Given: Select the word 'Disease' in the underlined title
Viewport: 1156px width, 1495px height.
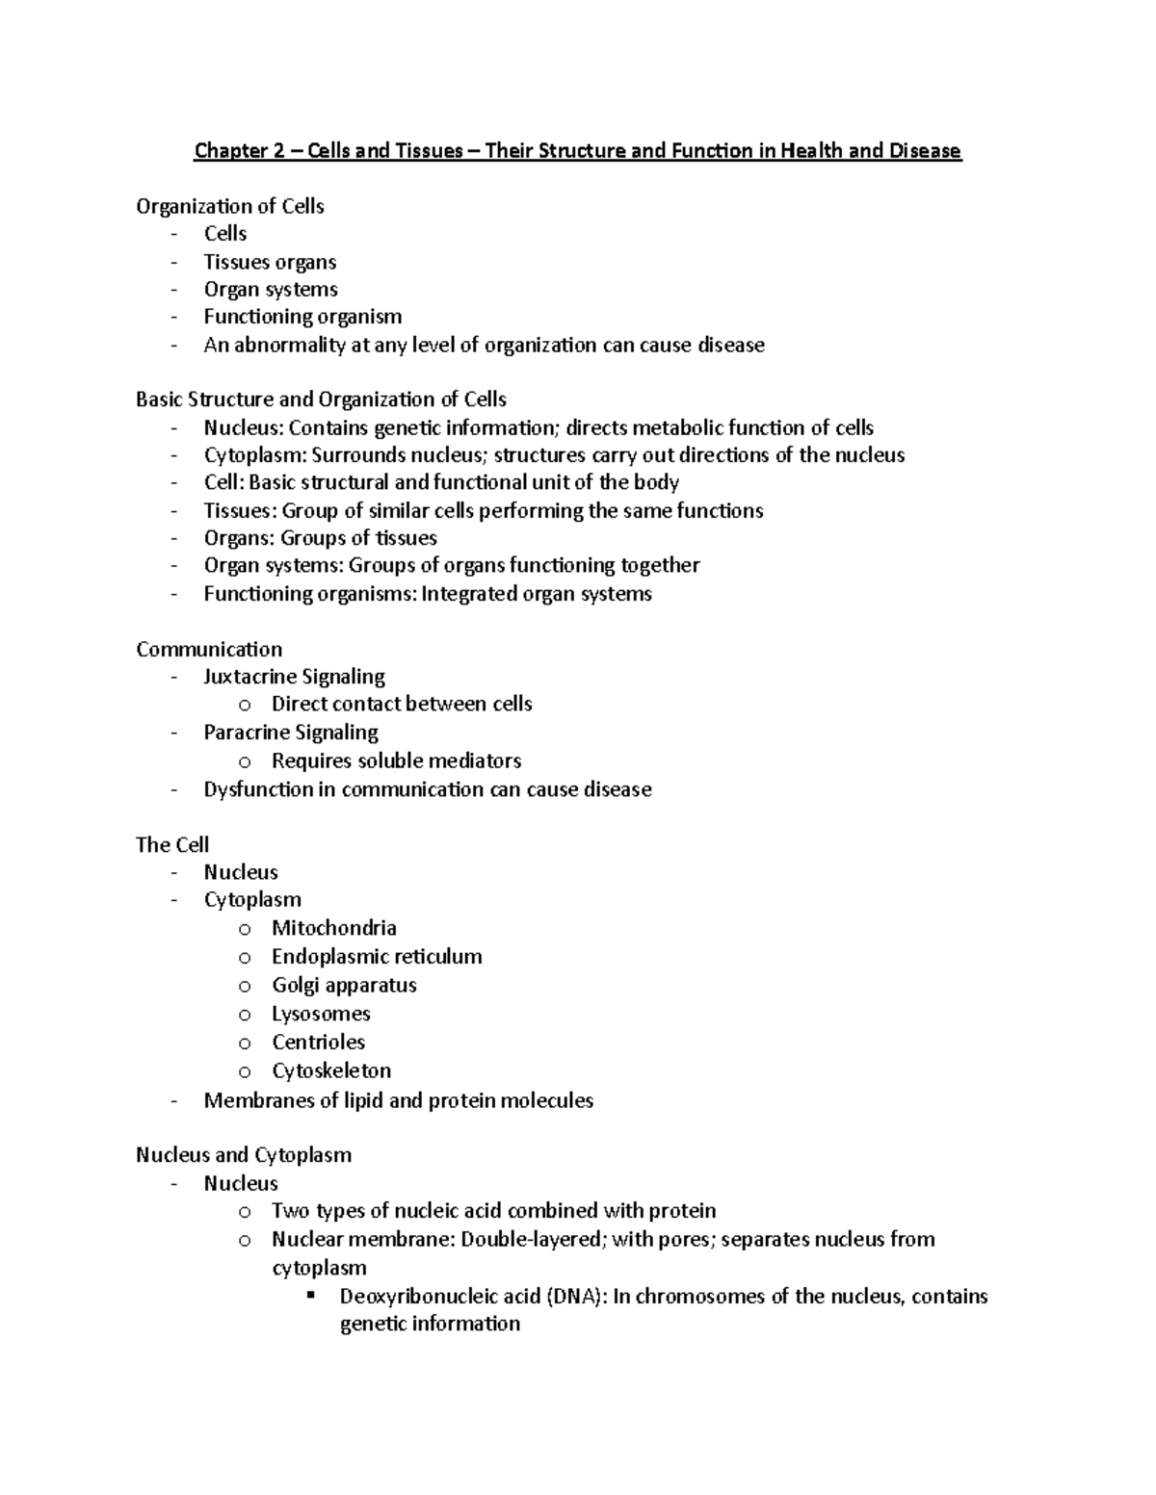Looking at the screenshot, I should point(925,151).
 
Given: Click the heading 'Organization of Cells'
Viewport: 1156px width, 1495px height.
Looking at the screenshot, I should point(230,206).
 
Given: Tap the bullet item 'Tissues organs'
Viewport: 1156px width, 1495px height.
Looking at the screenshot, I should point(270,262).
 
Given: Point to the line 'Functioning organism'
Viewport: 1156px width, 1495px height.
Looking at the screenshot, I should point(302,317).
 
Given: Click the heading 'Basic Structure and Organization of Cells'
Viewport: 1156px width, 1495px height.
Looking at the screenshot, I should point(321,400).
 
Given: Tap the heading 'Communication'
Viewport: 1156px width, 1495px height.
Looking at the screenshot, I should point(209,649).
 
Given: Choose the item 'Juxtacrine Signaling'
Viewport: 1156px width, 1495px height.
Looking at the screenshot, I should point(294,677).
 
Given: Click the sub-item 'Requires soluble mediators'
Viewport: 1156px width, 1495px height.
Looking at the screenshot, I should point(396,760).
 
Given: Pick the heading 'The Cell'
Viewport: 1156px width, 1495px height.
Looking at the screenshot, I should point(172,844).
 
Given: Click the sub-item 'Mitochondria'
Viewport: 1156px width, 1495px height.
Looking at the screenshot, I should point(333,928).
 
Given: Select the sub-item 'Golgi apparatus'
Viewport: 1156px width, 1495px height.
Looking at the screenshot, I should point(344,985).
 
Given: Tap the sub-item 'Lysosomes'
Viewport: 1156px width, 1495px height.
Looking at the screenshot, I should point(321,1014).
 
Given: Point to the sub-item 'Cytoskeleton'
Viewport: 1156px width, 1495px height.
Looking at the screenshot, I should point(331,1070).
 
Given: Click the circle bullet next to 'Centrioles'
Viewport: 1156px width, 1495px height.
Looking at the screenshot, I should point(245,1044).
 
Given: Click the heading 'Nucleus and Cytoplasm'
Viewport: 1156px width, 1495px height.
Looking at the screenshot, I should point(244,1154).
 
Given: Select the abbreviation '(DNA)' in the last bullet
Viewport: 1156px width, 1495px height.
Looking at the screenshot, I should point(576,1296).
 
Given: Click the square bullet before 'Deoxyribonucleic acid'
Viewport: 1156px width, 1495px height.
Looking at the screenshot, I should point(311,1295).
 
